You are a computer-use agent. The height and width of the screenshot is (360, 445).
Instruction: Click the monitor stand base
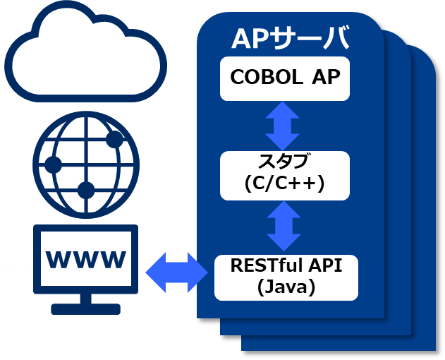click(x=86, y=308)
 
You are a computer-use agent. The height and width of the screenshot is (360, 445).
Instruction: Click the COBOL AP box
click(x=284, y=78)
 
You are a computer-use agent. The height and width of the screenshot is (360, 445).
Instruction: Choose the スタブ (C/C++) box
click(x=284, y=173)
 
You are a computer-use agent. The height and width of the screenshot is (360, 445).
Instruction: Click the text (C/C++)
click(x=284, y=184)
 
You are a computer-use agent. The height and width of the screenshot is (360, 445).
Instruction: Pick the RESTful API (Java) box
click(x=286, y=276)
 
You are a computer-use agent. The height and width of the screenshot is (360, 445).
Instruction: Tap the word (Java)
click(x=286, y=287)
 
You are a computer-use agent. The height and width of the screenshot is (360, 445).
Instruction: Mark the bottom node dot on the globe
click(x=86, y=189)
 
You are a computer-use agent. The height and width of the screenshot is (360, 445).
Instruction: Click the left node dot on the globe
click(x=53, y=165)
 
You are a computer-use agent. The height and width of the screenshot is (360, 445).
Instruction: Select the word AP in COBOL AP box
click(x=327, y=77)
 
